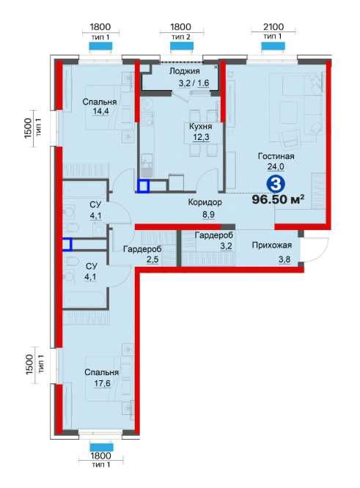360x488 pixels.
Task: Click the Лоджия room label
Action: point(184,71)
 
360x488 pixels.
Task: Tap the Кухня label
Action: point(201,126)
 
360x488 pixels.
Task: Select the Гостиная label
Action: point(276,156)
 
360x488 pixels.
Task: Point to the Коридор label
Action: point(205,202)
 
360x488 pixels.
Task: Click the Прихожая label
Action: point(271,245)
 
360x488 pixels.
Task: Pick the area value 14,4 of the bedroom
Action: point(101,111)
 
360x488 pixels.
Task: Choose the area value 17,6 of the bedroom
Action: point(103,383)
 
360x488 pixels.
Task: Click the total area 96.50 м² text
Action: point(278,199)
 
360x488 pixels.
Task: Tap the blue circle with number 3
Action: point(276,185)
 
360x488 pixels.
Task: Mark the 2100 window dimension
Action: point(273,27)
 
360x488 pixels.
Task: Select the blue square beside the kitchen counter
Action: point(144,186)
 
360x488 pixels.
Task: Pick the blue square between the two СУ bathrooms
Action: point(67,244)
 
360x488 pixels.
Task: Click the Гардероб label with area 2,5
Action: point(142,249)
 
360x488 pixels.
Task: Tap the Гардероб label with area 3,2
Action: point(213,235)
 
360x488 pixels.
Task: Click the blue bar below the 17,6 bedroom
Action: point(101,447)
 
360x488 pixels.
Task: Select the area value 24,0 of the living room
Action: point(276,166)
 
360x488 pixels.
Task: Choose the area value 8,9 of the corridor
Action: point(208,215)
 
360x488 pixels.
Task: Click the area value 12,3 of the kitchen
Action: point(201,137)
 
